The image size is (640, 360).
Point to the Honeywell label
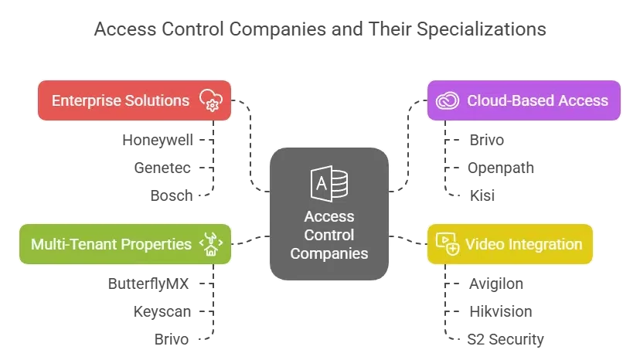point(158,140)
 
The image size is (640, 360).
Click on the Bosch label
point(171,195)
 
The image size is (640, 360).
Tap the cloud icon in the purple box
point(448,101)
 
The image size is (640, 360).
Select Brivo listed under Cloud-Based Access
point(487,140)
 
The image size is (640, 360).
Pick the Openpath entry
point(501,168)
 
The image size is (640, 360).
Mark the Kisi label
point(482,195)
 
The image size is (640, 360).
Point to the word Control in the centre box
point(329,235)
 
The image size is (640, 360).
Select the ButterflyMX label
point(148,284)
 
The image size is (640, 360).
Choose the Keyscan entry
point(162,311)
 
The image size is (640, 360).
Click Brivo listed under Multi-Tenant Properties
point(172,339)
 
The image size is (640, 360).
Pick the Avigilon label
point(496,284)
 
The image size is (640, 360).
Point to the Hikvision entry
point(500,311)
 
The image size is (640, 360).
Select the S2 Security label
point(506,339)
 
